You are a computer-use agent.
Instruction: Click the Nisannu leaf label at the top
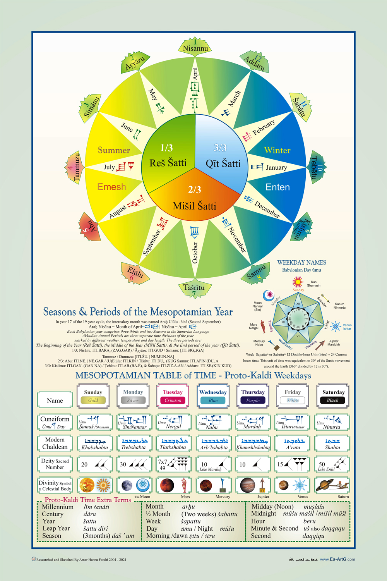pos(195,48)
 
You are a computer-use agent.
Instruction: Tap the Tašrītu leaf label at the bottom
pos(194,288)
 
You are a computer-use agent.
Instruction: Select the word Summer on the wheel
pos(114,150)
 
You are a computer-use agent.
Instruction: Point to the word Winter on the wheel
pos(277,150)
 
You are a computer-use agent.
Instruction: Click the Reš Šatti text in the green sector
pos(168,163)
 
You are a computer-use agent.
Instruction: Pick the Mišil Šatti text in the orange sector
pos(194,206)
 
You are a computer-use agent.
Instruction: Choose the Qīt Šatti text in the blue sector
pos(223,164)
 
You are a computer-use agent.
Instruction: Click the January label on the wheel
pos(276,167)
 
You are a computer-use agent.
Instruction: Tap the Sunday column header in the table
pos(93,392)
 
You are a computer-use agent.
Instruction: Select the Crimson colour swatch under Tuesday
pos(173,401)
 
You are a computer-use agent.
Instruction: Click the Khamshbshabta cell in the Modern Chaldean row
pos(253,443)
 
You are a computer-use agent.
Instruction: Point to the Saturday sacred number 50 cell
pos(332,464)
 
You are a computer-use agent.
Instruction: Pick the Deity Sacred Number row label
pos(55,464)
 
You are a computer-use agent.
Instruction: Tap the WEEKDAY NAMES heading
pos(301,263)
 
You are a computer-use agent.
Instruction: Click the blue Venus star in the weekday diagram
pos(335,326)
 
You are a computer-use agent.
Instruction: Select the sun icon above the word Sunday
pos(298,282)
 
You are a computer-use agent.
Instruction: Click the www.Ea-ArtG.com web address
pos(337,559)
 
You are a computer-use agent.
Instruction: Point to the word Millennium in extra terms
pos(58,507)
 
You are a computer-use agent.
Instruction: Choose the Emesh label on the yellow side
pos(111,187)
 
